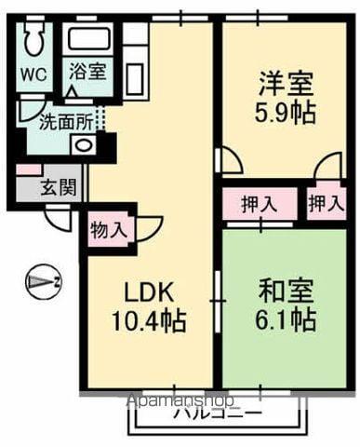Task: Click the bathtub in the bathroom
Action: [90, 43]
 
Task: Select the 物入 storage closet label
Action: [110, 228]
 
